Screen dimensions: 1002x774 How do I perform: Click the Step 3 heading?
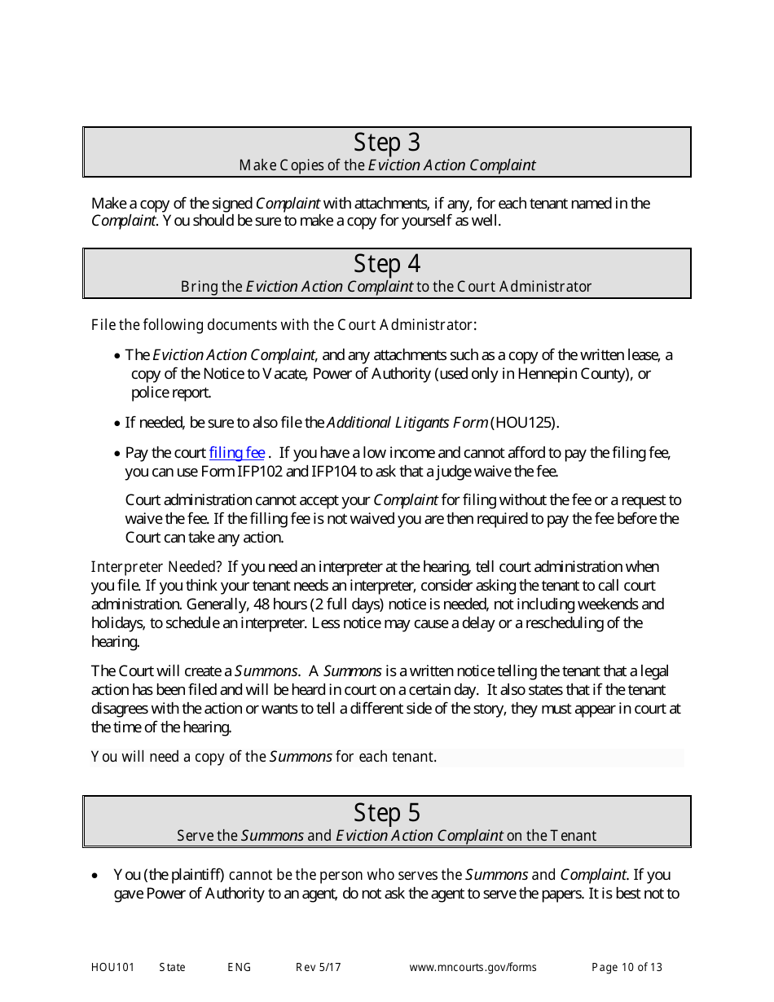point(387,143)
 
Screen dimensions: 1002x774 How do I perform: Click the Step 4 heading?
point(387,264)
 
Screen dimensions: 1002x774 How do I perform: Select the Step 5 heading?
point(387,812)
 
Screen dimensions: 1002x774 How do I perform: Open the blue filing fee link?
point(237,453)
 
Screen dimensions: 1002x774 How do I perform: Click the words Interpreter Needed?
point(156,567)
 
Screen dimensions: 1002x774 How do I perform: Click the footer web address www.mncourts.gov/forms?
point(473,968)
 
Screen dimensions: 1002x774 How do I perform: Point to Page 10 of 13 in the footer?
point(627,968)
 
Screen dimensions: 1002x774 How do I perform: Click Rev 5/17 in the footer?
point(318,968)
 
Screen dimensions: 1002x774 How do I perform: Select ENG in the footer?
point(239,968)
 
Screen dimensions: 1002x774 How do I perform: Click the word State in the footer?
point(172,968)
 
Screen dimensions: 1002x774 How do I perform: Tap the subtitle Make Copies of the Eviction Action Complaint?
point(387,165)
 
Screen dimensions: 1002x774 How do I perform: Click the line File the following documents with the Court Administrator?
point(284,325)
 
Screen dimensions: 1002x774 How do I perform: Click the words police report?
point(171,393)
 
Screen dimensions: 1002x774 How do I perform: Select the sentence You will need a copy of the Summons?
point(264,757)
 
